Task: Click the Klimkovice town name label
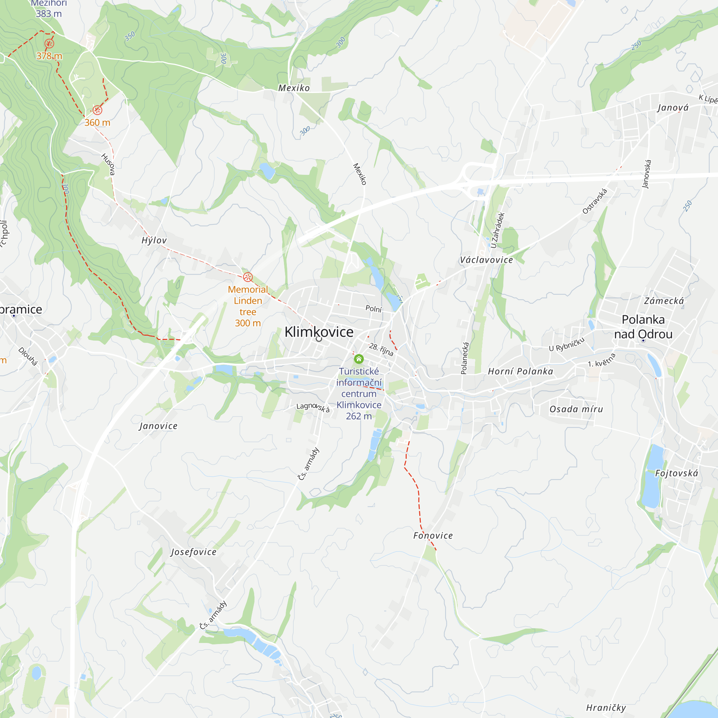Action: click(x=319, y=332)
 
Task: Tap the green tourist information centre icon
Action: click(x=359, y=359)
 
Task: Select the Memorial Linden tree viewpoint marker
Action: click(x=248, y=277)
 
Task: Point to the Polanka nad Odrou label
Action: click(x=643, y=327)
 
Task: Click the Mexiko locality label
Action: click(x=294, y=88)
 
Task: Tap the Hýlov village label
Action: click(x=154, y=241)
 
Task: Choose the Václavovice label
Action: click(x=486, y=260)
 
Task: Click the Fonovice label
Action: click(x=433, y=536)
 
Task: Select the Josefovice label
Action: click(x=194, y=552)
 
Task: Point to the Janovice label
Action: click(x=158, y=426)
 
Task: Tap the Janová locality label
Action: click(x=673, y=108)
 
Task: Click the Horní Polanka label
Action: click(x=520, y=371)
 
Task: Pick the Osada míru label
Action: click(x=576, y=409)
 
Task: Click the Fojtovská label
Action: click(x=676, y=473)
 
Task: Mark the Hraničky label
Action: click(x=606, y=708)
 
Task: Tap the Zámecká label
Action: click(x=664, y=301)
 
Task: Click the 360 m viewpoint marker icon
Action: click(x=97, y=110)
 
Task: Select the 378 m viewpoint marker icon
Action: click(x=49, y=44)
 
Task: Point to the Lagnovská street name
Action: click(x=313, y=407)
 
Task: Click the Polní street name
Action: click(x=373, y=308)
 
